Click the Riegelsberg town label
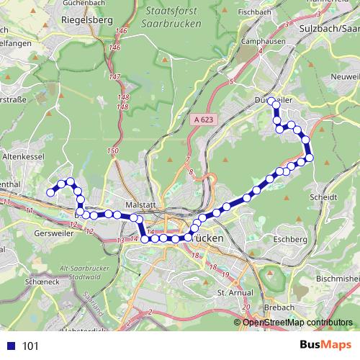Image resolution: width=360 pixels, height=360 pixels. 89,21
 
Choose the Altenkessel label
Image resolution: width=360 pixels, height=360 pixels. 24,156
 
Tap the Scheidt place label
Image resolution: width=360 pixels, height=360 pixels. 321,196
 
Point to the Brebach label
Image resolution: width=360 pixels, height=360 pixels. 279,307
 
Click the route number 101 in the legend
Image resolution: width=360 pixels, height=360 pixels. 31,346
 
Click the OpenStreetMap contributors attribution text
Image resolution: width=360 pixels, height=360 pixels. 297,322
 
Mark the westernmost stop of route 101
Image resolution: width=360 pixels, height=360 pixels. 50,192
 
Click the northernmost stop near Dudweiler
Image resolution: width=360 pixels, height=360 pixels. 272,102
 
